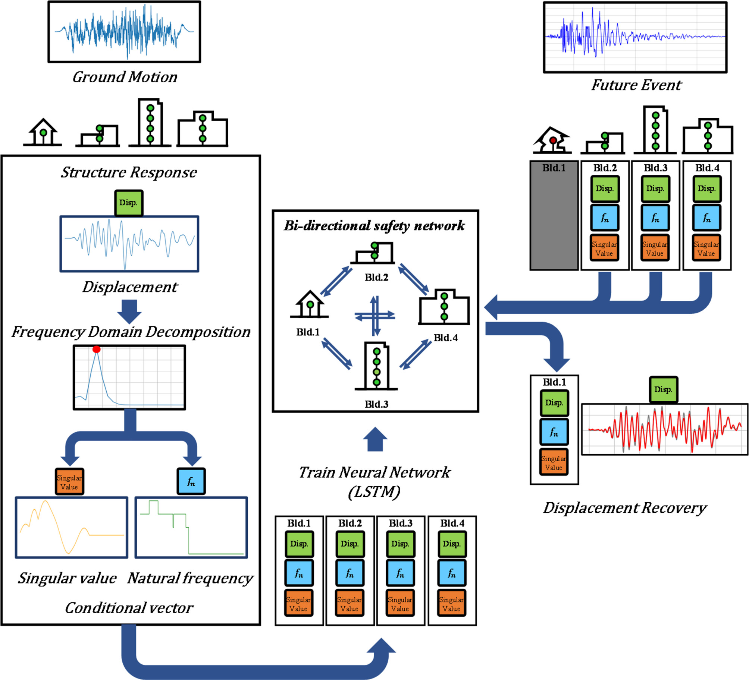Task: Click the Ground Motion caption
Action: pos(125,77)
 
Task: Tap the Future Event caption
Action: pos(636,85)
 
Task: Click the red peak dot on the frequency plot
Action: pos(97,349)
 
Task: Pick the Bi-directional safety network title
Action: pos(374,226)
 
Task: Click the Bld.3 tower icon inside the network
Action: pos(376,366)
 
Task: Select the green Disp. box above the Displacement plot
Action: pos(128,203)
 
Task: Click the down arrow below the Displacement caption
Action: pos(129,311)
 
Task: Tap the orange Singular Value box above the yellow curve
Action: pos(69,482)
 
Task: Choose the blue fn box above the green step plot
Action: pos(191,482)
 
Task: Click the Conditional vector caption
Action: pos(129,608)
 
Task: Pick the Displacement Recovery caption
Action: pos(624,508)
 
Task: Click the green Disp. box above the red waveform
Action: pos(663,390)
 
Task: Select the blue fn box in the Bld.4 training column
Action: pos(452,573)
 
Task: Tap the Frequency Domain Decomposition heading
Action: pos(131,332)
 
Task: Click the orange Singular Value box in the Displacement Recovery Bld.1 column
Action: pos(554,463)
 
